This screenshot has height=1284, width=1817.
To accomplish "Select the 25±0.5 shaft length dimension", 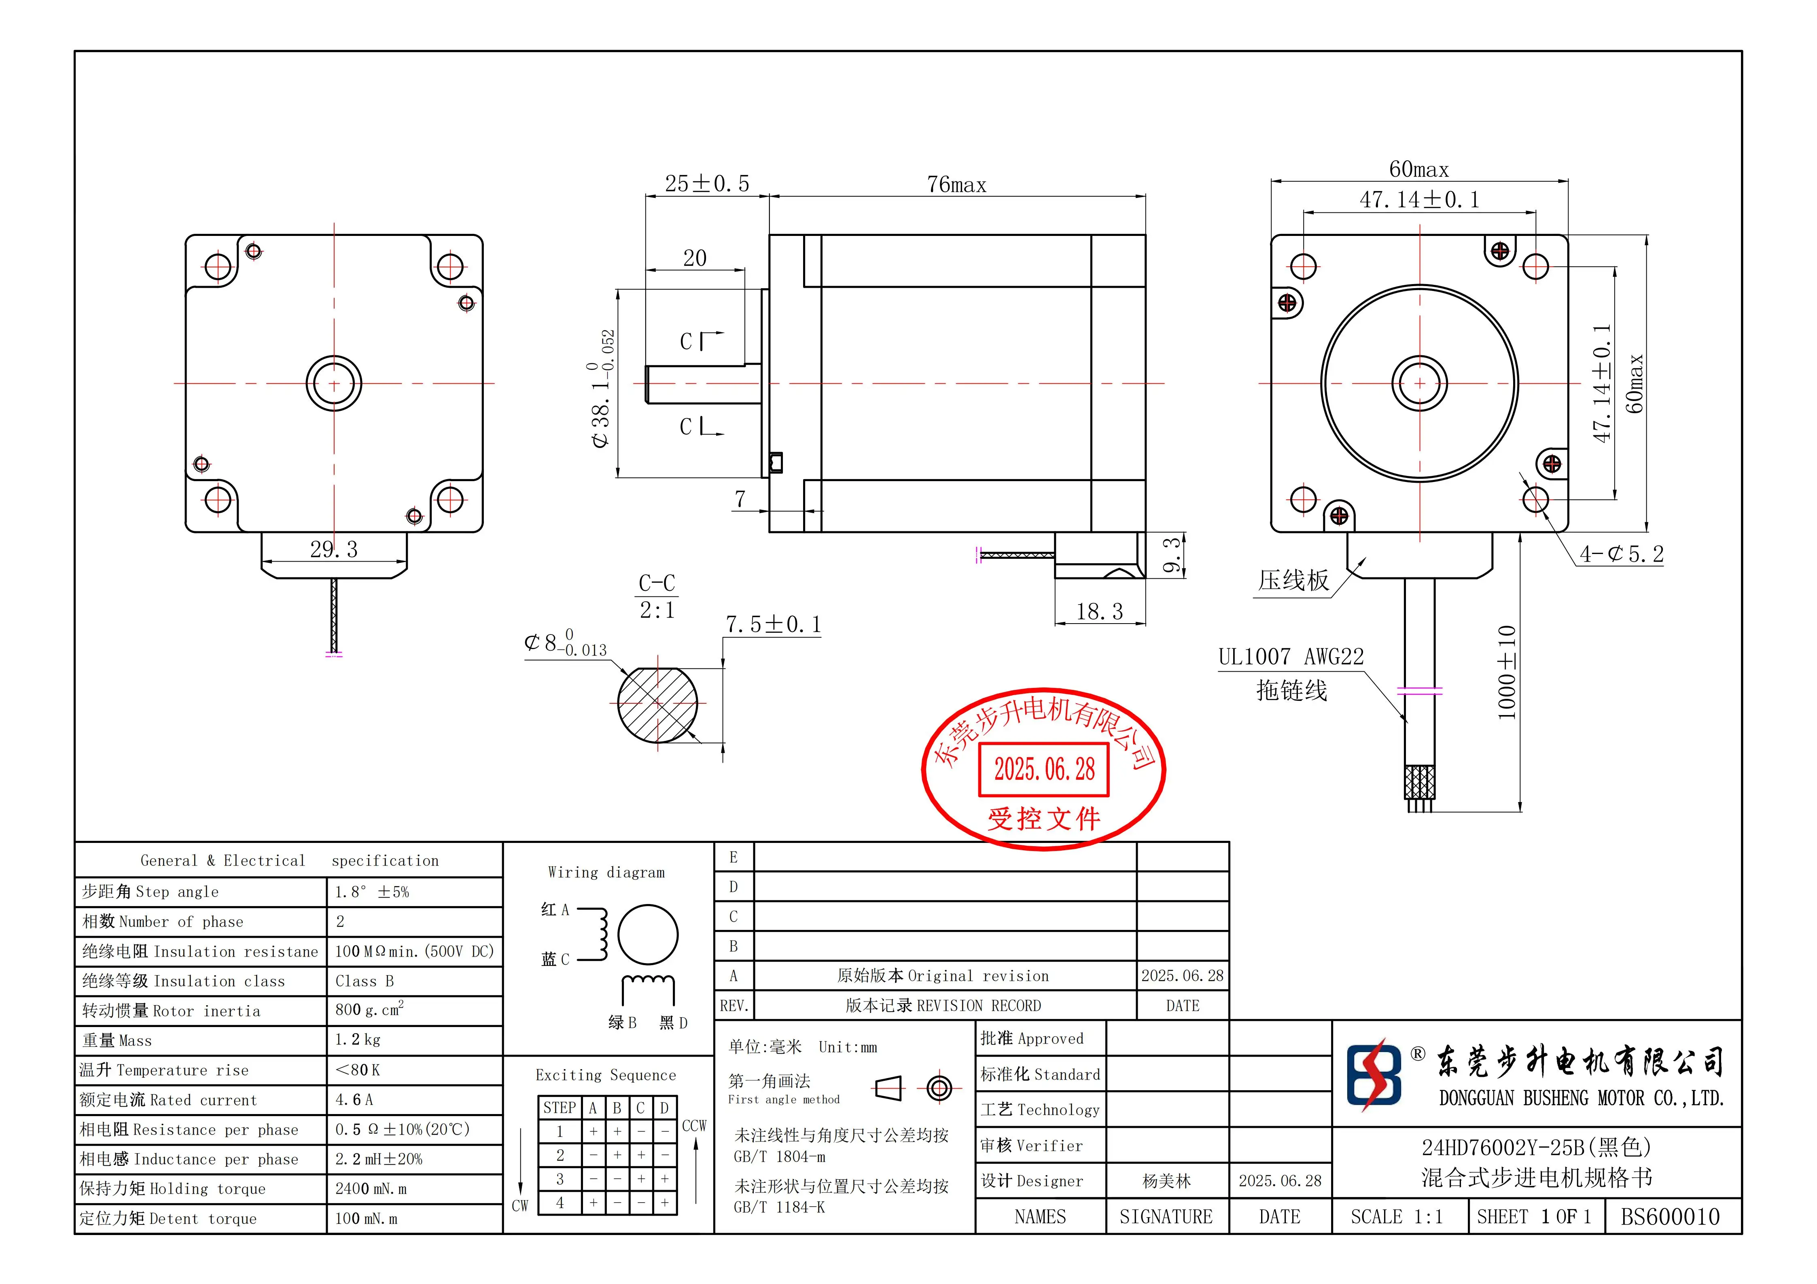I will click(707, 184).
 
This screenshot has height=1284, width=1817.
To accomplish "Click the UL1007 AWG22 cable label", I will click(1291, 657).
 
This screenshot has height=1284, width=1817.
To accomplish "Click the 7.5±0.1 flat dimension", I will click(773, 625).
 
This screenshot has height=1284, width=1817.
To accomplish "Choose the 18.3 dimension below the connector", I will click(1099, 612).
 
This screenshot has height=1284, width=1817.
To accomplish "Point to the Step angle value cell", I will click(372, 892).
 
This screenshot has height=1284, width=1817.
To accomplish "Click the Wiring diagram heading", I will click(606, 872).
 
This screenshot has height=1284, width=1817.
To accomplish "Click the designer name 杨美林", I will click(1166, 1181).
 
